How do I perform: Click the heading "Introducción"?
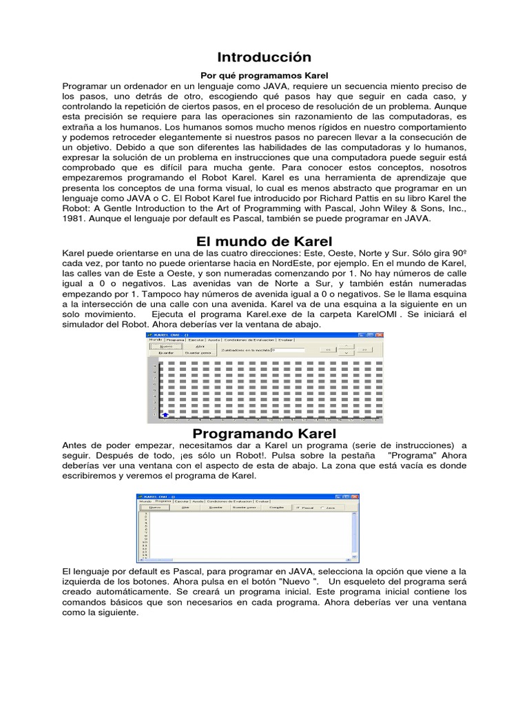click(x=264, y=57)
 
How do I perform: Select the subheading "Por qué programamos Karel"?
click(x=264, y=74)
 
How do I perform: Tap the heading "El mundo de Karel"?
click(x=264, y=241)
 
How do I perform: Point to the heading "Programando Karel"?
click(x=264, y=433)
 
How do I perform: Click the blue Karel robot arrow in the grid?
click(x=165, y=414)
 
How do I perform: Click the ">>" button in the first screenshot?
click(x=363, y=350)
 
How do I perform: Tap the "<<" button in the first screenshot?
click(x=329, y=350)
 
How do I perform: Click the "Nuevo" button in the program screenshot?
click(x=156, y=507)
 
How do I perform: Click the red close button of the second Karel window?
click(x=356, y=496)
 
